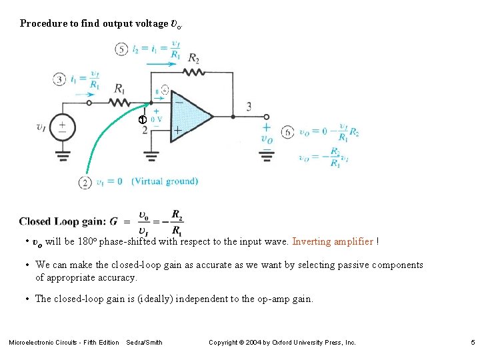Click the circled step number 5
(121, 49)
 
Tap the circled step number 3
(60, 79)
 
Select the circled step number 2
(85, 182)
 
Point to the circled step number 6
(287, 132)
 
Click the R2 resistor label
(193, 58)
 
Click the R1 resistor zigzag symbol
(120, 103)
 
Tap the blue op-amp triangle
(190, 115)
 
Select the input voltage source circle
(63, 127)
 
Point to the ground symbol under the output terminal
(266, 156)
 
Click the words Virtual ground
(165, 181)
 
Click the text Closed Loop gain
(62, 221)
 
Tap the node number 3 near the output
(249, 106)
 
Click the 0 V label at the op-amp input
(157, 120)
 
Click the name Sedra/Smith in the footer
(144, 343)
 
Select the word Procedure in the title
(43, 23)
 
